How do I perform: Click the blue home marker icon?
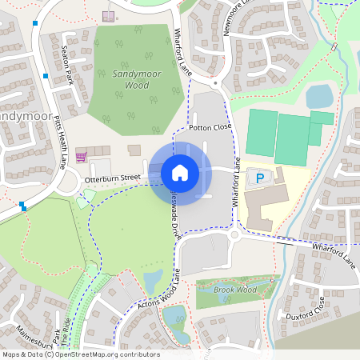tap(180, 172)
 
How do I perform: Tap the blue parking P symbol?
tap(258, 176)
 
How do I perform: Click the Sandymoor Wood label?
tap(130, 78)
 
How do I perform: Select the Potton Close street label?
tap(210, 127)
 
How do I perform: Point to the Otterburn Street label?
tap(112, 180)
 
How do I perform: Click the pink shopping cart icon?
tap(80, 155)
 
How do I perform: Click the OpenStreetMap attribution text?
tap(80, 354)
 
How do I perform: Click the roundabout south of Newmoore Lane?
tap(216, 82)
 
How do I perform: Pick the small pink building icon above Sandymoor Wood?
tap(109, 16)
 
